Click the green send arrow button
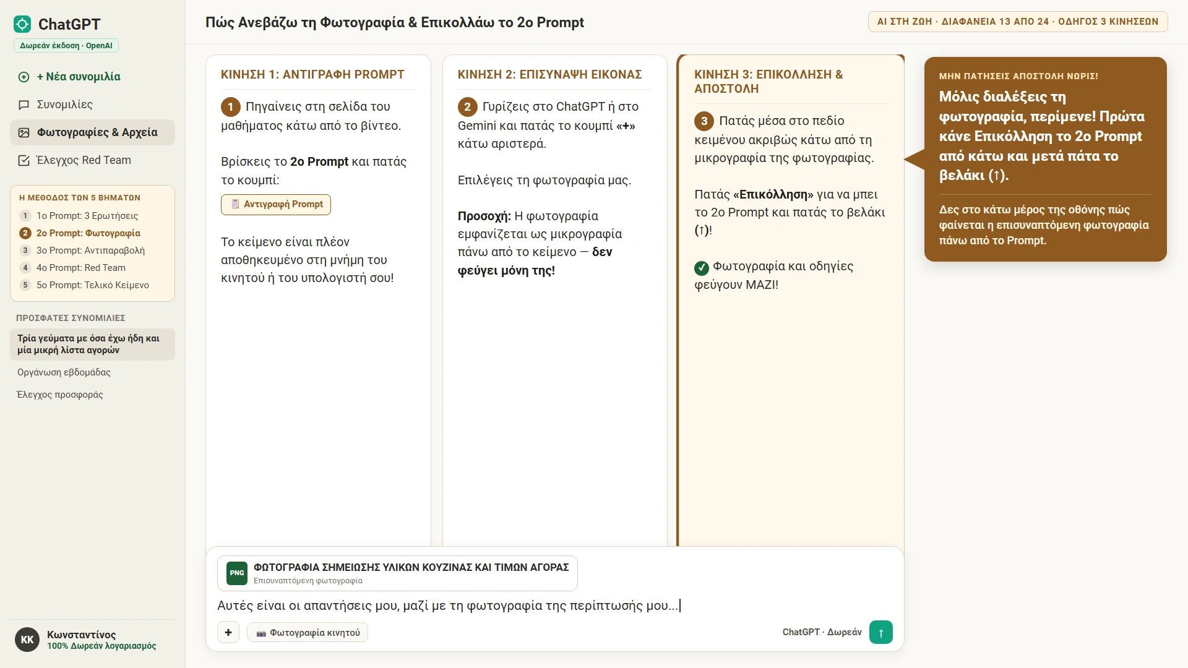coord(880,632)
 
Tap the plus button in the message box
coord(228,632)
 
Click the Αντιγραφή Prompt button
coord(276,205)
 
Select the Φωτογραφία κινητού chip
coord(308,633)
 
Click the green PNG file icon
coord(237,573)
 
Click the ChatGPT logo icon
coord(22,24)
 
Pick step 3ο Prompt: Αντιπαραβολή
coord(90,250)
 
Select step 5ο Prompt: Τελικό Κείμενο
coord(92,285)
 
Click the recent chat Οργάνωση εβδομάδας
coord(64,372)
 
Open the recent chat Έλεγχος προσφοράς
coord(60,395)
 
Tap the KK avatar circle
coord(27,640)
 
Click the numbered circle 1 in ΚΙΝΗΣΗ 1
coord(231,107)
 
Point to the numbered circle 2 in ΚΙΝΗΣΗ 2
coord(468,107)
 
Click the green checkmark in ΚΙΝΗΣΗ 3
coord(702,268)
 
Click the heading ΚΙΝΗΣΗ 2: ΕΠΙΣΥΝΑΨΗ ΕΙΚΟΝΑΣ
coord(549,74)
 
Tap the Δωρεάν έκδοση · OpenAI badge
coord(66,46)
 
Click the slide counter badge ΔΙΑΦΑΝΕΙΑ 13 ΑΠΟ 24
coord(1018,22)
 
